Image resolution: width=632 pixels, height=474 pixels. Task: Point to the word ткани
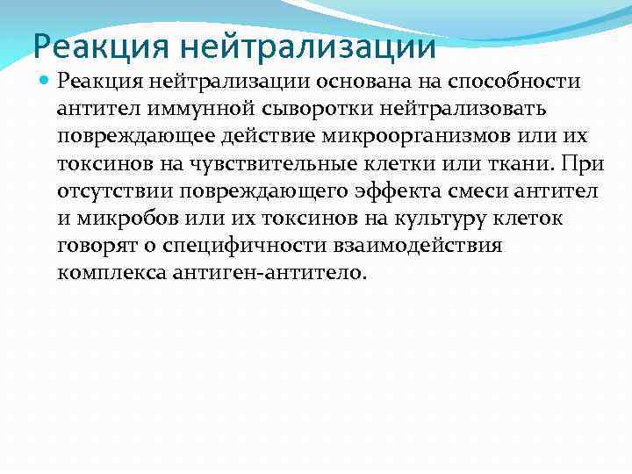click(x=525, y=163)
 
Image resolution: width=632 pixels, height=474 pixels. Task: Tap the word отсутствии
click(x=111, y=190)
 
